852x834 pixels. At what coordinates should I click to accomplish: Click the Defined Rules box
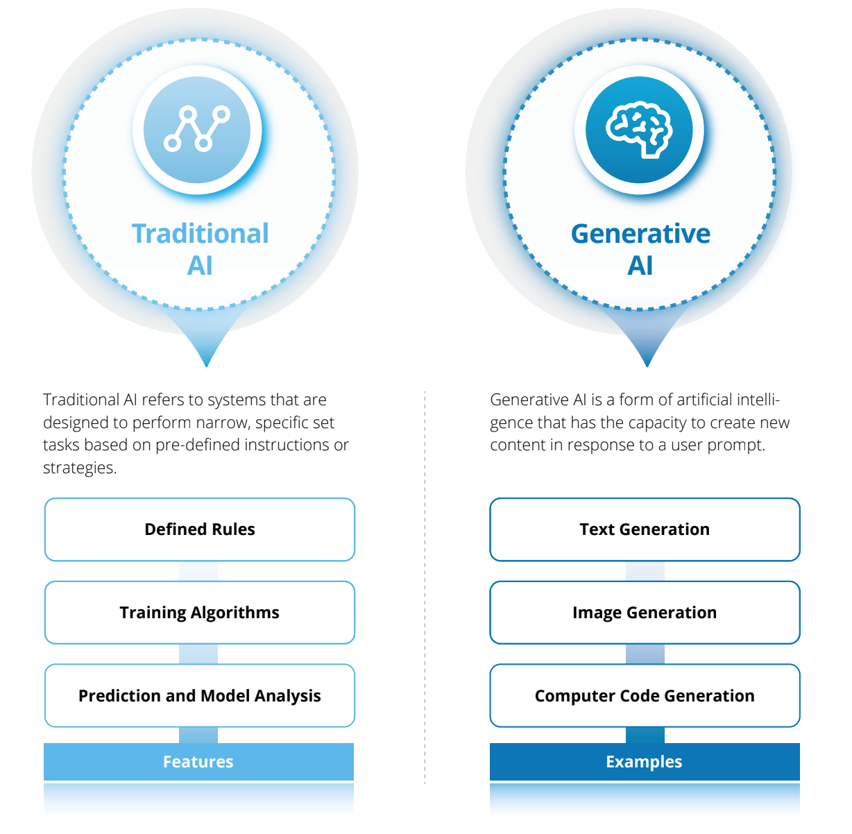(199, 529)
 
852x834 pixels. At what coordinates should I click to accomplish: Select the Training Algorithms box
(199, 613)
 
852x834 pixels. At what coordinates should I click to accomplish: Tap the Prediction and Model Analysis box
(199, 696)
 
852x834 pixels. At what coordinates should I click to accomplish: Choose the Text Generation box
(645, 529)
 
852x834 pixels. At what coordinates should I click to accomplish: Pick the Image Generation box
(645, 613)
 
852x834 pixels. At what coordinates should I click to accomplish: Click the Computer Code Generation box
(645, 696)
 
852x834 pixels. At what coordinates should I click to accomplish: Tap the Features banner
(198, 761)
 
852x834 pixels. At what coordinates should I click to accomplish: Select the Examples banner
(645, 761)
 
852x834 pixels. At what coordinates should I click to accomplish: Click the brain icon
(639, 130)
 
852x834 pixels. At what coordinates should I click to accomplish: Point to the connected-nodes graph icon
(197, 128)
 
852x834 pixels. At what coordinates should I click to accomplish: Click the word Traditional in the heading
(201, 234)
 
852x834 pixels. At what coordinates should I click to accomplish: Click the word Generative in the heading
(640, 234)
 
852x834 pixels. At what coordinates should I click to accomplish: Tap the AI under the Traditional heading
(200, 266)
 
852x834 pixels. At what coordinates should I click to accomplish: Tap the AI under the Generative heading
(640, 266)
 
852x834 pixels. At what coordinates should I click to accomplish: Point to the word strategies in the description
(80, 468)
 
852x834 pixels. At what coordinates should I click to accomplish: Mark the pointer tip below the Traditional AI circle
(207, 366)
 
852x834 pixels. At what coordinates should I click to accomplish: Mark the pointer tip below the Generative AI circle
(647, 366)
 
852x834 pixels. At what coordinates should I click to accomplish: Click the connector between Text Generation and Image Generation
(645, 571)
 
